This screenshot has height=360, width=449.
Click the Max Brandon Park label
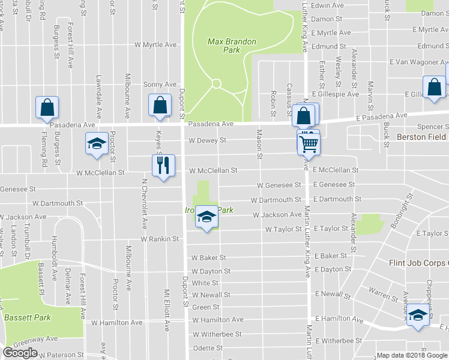click(232, 46)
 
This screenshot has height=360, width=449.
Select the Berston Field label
click(422, 137)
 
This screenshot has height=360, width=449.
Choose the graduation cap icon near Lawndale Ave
click(96, 144)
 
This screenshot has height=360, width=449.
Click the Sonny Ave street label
click(159, 85)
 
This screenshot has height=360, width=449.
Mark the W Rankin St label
click(160, 239)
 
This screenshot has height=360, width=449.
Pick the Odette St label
click(208, 348)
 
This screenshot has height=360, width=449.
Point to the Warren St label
click(379, 293)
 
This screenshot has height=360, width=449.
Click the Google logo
click(20, 352)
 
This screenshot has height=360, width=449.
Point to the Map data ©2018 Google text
click(411, 355)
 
